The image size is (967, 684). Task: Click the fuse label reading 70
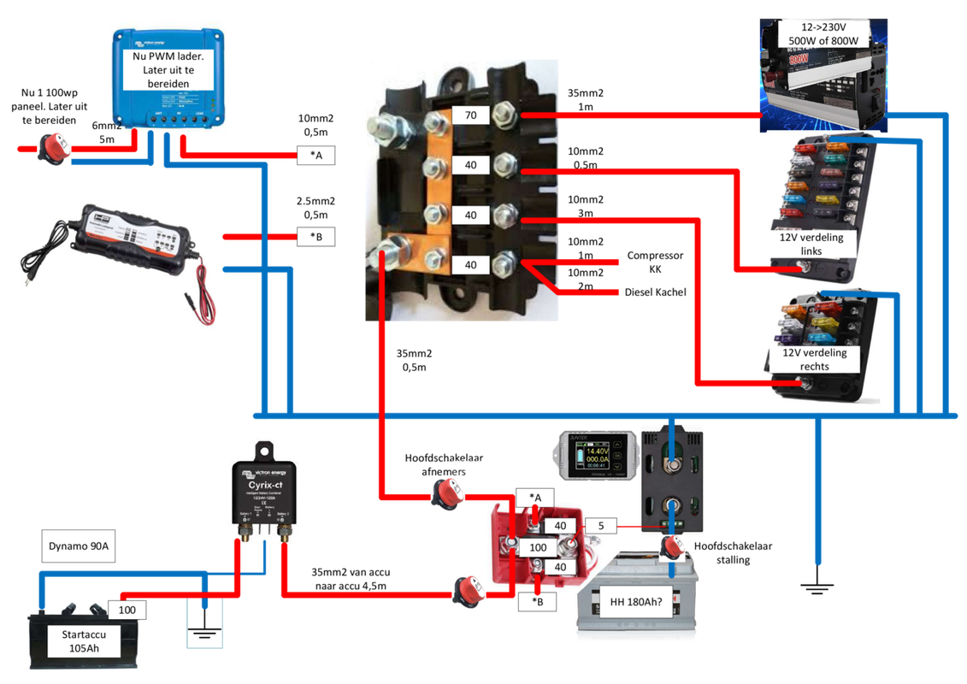tap(471, 115)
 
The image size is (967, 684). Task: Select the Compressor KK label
tap(654, 262)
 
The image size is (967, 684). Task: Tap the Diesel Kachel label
tap(654, 292)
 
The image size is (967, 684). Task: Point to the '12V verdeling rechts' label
tap(813, 359)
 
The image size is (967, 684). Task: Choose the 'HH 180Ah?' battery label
tap(634, 601)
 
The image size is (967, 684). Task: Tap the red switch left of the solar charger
tap(49, 149)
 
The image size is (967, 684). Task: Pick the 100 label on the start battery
tap(127, 610)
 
